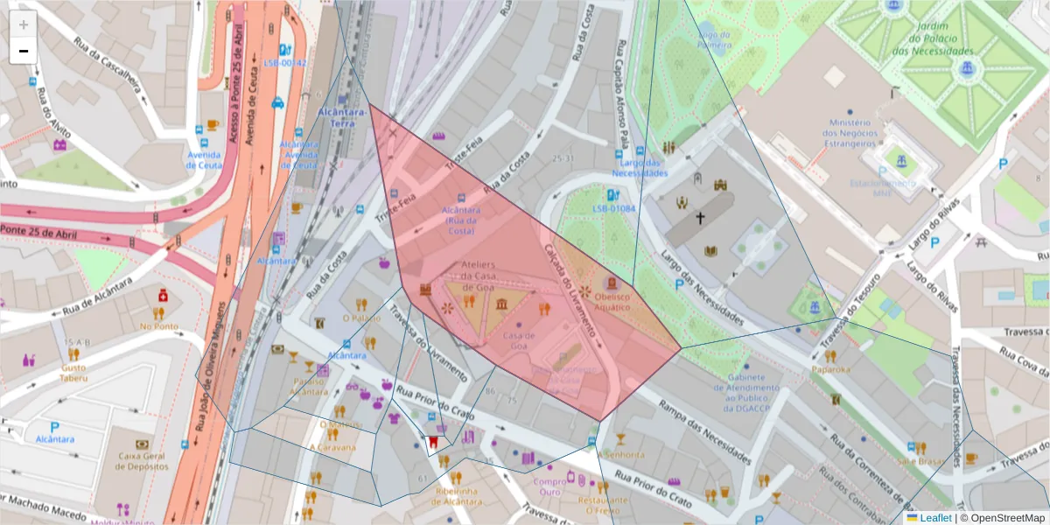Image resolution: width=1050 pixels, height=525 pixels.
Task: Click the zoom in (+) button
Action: coord(24,24)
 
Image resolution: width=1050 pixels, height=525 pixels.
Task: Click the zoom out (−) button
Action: coord(24,51)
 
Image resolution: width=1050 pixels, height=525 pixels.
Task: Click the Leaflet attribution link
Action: coord(934,518)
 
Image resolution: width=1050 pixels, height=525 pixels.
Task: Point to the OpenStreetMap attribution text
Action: coord(1002,518)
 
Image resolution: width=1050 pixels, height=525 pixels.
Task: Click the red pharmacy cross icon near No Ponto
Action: coord(163,297)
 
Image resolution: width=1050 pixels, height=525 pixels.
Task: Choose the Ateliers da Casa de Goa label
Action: coord(478,276)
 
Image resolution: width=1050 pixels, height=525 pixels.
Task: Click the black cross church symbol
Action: coord(700,217)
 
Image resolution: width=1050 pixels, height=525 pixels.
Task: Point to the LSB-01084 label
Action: coord(613,208)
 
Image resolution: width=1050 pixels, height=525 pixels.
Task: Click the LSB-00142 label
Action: coord(285,63)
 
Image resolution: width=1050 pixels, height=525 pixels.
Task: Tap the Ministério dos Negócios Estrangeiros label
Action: coord(849,133)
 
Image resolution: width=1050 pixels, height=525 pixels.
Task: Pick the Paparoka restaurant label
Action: coord(830,368)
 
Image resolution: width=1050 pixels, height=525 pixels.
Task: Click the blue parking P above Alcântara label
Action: coord(54,426)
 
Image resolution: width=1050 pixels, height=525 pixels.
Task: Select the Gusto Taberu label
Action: coord(73,374)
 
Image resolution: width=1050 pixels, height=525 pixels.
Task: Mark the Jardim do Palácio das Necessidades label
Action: coord(933,38)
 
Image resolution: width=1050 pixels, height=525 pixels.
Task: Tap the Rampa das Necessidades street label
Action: coord(704,425)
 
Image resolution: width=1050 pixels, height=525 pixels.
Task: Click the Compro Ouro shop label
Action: coord(549,486)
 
